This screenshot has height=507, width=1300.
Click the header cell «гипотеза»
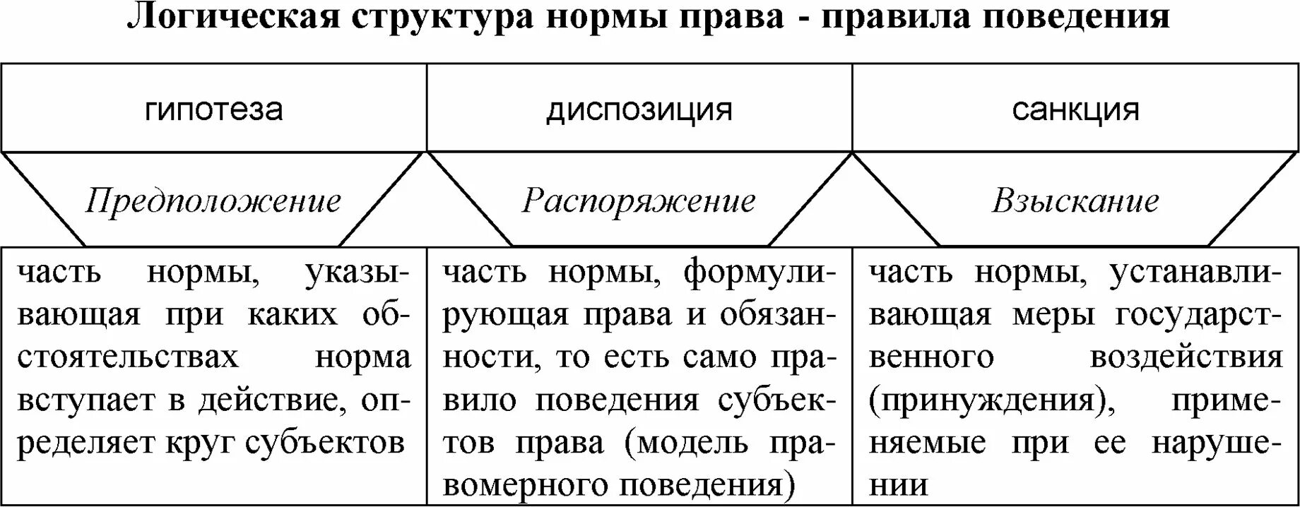pos(213,109)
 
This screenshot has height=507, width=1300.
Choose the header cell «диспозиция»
pos(639,109)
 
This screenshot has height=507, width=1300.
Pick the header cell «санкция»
pos(1075,109)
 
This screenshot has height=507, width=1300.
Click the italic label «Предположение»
pos(213,201)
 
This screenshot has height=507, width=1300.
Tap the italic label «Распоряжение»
pos(639,201)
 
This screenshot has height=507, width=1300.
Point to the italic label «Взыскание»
pos(1075,201)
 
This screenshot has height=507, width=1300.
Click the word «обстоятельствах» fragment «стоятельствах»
pos(128,357)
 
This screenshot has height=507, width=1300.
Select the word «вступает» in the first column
pos(85,400)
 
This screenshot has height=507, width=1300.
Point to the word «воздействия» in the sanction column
pos(1186,357)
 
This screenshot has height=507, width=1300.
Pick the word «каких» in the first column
pos(292,315)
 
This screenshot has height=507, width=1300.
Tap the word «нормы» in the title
pos(605,17)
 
